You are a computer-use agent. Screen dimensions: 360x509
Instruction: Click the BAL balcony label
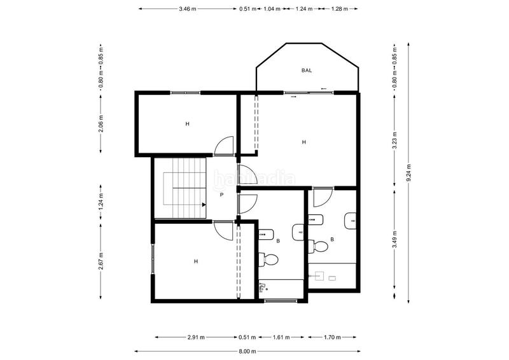[x=307, y=71]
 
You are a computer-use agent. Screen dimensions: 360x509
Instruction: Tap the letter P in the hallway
[x=221, y=195]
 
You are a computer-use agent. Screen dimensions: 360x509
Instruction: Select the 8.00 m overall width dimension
[x=247, y=350]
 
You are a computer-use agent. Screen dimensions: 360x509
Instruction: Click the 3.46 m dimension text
[x=188, y=9]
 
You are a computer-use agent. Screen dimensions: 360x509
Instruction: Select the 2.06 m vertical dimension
[x=101, y=125]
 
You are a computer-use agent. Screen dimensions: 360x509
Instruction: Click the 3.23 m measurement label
[x=394, y=139]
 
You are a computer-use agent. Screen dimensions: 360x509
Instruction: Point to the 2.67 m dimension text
[x=101, y=263]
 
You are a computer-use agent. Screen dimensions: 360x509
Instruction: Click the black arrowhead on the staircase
[x=204, y=205]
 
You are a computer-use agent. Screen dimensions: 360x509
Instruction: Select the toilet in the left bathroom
[x=270, y=259]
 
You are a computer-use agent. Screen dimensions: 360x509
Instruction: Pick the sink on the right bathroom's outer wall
[x=351, y=221]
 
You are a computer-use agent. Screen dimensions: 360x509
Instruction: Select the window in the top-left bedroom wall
[x=186, y=92]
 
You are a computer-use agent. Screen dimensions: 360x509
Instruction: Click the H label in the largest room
[x=304, y=142]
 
